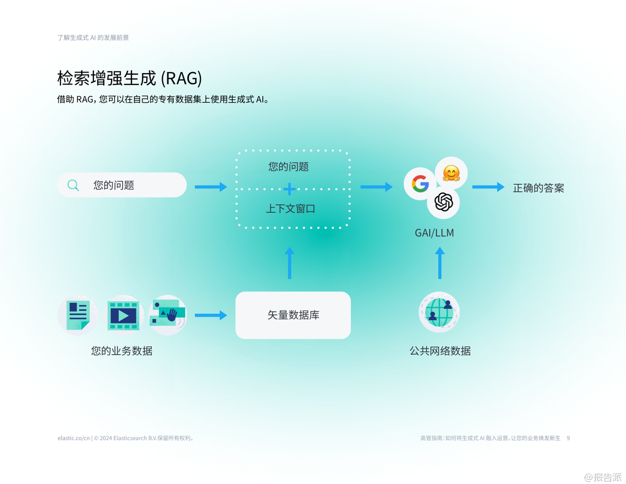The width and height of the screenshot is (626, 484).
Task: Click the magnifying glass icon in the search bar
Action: pyautogui.click(x=74, y=185)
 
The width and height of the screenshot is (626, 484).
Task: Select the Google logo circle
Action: pyautogui.click(x=420, y=184)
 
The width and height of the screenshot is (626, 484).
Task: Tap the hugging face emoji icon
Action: pyautogui.click(x=451, y=173)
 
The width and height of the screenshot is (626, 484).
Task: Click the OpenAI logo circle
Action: pyautogui.click(x=443, y=202)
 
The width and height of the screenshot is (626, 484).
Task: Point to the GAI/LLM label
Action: pyautogui.click(x=434, y=233)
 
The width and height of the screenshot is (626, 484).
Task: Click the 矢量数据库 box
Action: pyautogui.click(x=293, y=315)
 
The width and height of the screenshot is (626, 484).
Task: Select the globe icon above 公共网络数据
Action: pyautogui.click(x=439, y=312)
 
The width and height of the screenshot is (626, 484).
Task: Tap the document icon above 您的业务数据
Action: pyautogui.click(x=77, y=315)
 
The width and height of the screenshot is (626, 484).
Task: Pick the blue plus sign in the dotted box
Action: pyautogui.click(x=290, y=189)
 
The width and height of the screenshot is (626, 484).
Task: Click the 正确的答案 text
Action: pyautogui.click(x=538, y=188)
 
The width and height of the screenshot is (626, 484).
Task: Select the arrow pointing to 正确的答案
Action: pyautogui.click(x=488, y=187)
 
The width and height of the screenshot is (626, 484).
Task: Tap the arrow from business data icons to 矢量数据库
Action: pyautogui.click(x=211, y=315)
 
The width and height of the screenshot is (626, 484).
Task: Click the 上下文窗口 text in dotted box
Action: pyautogui.click(x=291, y=208)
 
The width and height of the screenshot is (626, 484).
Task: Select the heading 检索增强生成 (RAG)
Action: pyautogui.click(x=129, y=78)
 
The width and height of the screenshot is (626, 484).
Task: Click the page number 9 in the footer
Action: pyautogui.click(x=568, y=438)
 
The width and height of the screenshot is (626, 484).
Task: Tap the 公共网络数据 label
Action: pyautogui.click(x=440, y=351)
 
